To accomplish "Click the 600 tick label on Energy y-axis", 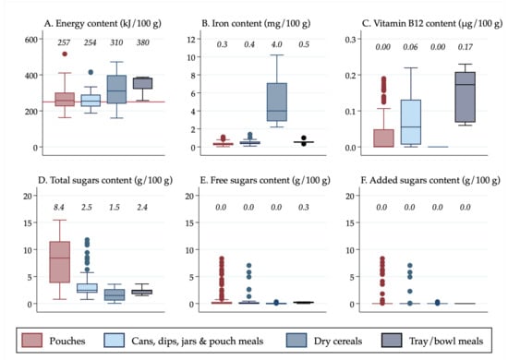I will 21,40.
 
